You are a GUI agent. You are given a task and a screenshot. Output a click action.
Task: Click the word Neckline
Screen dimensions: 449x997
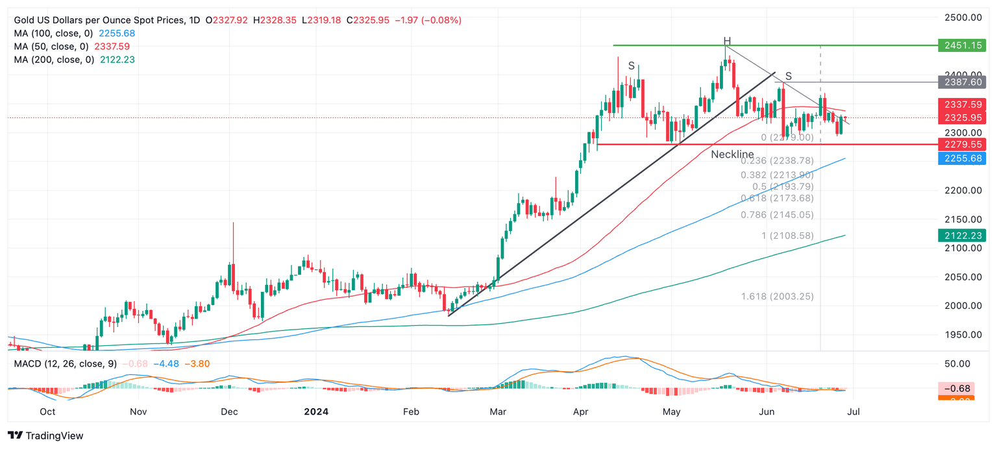click(732, 154)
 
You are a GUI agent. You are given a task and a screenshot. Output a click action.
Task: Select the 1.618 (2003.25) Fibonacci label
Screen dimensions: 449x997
click(777, 297)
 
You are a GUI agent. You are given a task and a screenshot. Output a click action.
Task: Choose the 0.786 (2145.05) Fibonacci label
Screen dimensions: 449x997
click(777, 215)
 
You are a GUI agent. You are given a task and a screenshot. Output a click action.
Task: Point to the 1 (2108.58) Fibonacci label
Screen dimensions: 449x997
click(787, 236)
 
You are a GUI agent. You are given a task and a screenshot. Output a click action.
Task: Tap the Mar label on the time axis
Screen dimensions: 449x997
click(498, 411)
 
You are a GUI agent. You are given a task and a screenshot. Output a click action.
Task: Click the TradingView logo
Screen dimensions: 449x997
click(45, 436)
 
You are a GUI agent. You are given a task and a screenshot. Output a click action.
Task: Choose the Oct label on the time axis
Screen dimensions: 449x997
click(47, 411)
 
